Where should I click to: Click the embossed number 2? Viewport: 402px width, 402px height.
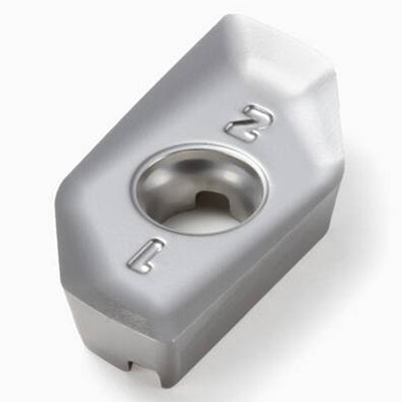pyautogui.click(x=249, y=123)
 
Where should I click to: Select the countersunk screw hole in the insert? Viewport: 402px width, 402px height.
pyautogui.click(x=200, y=190)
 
